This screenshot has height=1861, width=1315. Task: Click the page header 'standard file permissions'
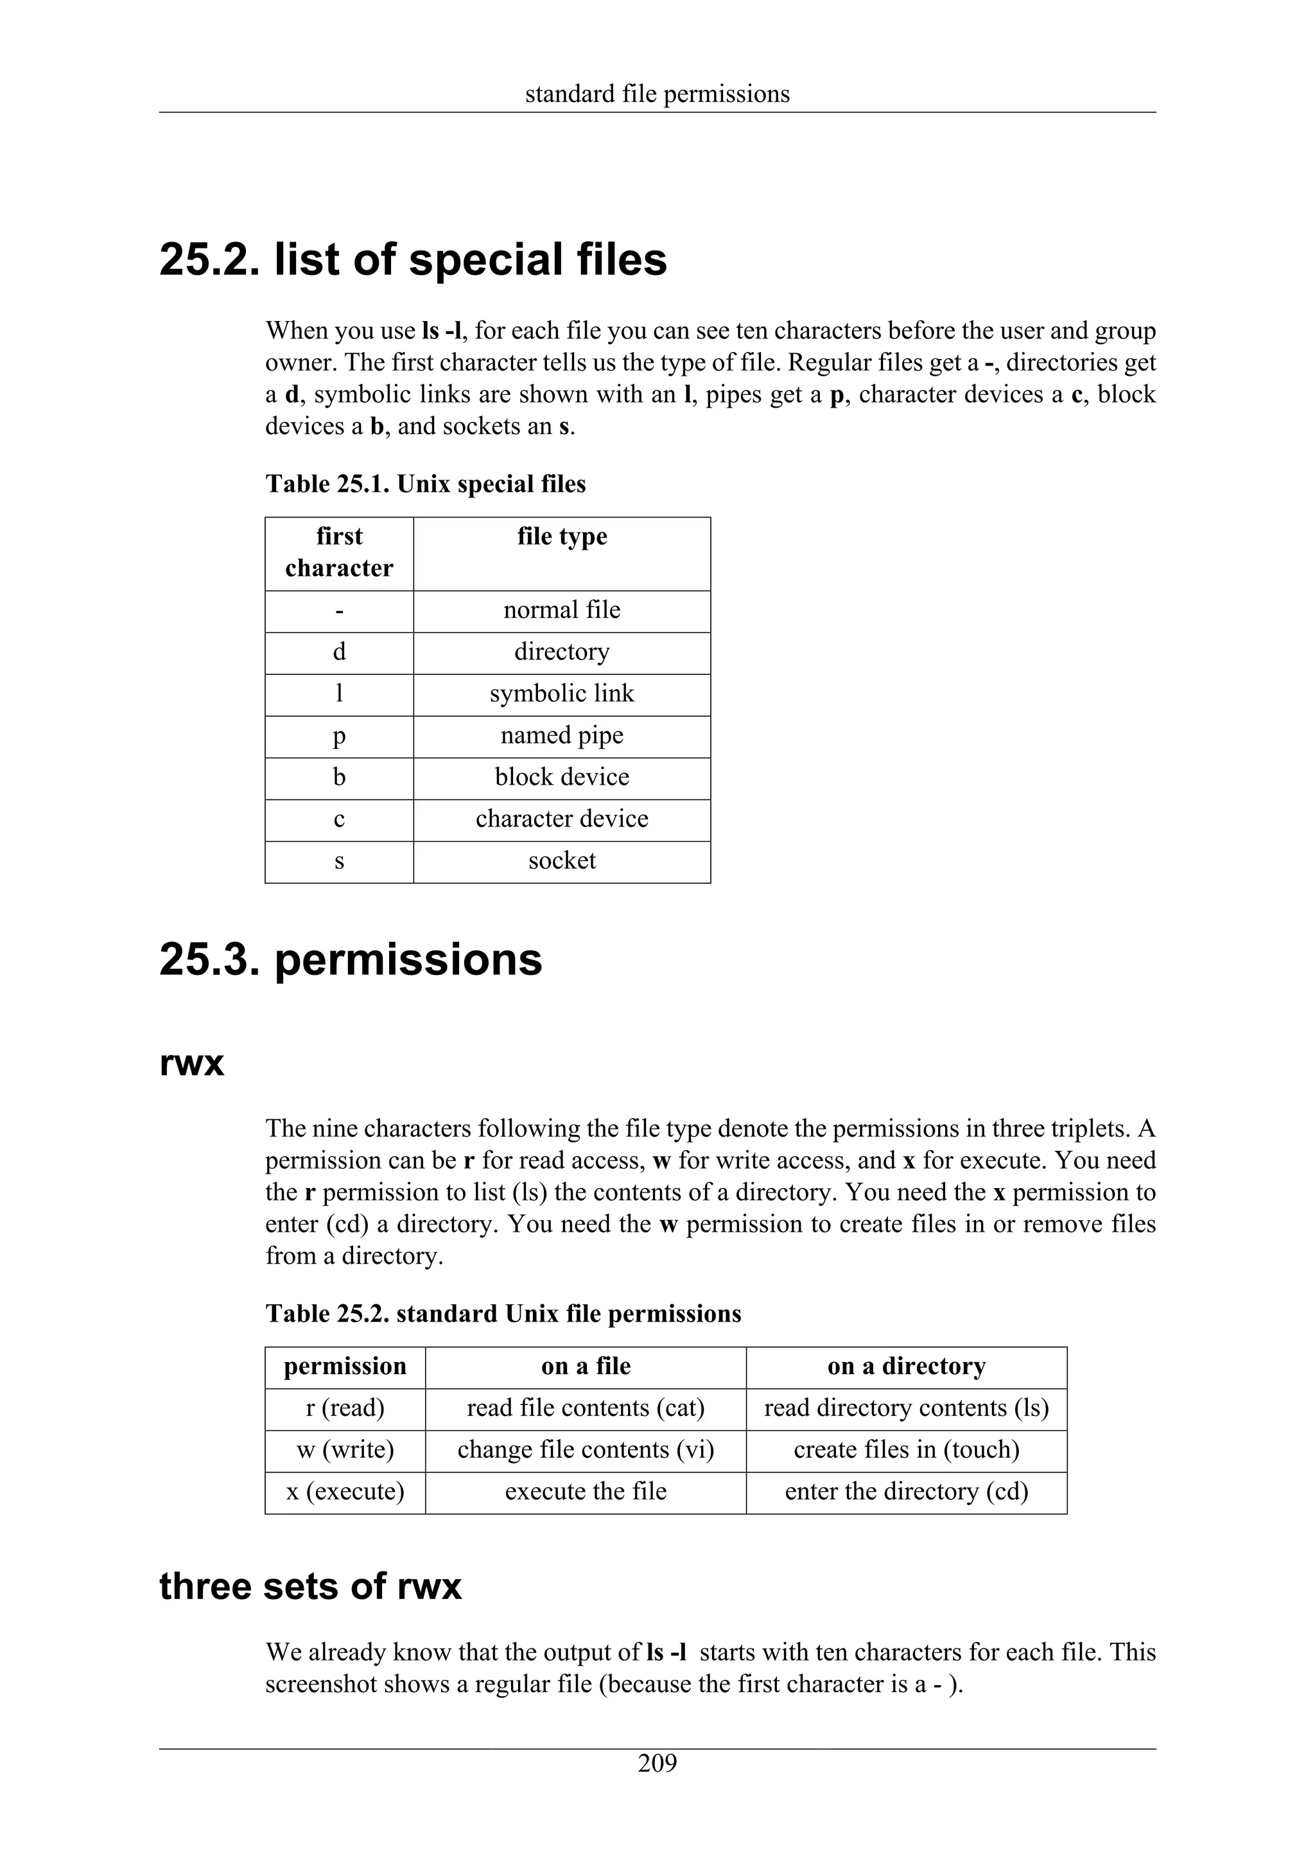coord(657,94)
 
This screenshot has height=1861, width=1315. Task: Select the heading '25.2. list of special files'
coord(414,260)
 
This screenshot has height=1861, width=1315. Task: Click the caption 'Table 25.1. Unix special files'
coord(425,484)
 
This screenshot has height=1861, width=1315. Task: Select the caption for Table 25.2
coord(503,1313)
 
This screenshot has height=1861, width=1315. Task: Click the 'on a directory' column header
coord(906,1367)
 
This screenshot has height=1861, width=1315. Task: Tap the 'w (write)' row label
coord(345,1449)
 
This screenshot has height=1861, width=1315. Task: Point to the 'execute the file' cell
coord(585,1491)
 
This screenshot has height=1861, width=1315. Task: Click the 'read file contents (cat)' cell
coord(585,1408)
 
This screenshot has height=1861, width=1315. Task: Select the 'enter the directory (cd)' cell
coord(906,1491)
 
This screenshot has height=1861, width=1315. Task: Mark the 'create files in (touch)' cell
coord(906,1449)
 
